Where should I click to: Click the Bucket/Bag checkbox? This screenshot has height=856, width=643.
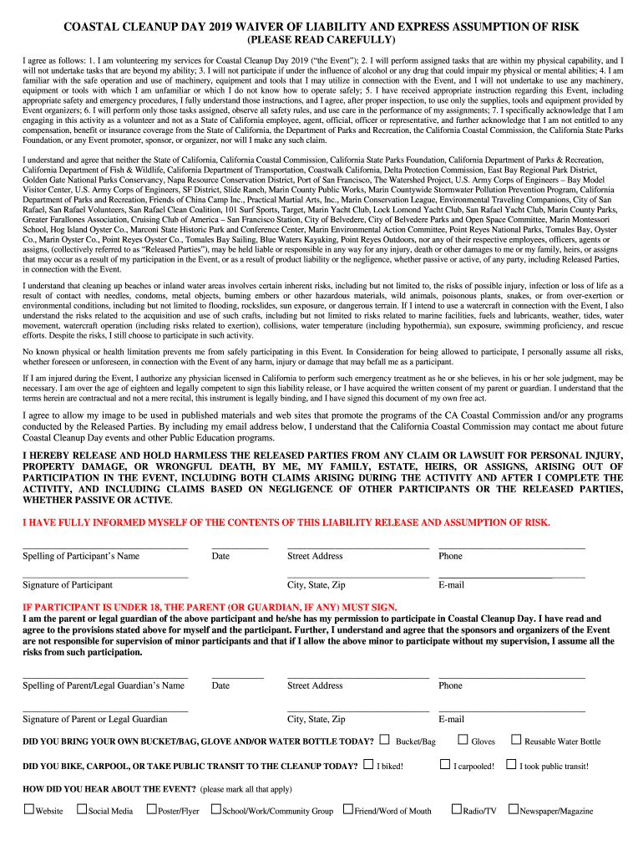pyautogui.click(x=384, y=739)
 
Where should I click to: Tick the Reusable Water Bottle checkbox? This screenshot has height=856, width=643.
pyautogui.click(x=516, y=739)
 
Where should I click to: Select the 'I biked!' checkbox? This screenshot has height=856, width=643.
pyautogui.click(x=368, y=764)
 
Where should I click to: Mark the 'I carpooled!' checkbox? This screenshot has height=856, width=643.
pyautogui.click(x=445, y=764)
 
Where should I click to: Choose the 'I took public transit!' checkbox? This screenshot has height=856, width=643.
pyautogui.click(x=511, y=764)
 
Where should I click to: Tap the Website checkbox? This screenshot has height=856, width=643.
pyautogui.click(x=28, y=808)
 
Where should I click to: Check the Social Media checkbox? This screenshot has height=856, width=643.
pyautogui.click(x=82, y=808)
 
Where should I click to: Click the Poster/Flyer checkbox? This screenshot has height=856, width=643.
pyautogui.click(x=151, y=808)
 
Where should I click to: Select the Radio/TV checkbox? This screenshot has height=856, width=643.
pyautogui.click(x=456, y=808)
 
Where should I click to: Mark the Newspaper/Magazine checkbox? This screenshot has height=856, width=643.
pyautogui.click(x=514, y=808)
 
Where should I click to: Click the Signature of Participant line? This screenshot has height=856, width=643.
pyautogui.click(x=105, y=576)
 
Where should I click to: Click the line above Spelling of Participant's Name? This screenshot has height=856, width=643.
pyautogui.click(x=105, y=547)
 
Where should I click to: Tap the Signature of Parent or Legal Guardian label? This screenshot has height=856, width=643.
pyautogui.click(x=94, y=719)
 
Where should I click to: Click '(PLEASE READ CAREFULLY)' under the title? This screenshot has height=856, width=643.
pyautogui.click(x=321, y=41)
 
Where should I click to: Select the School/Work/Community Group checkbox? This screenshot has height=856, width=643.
pyautogui.click(x=216, y=808)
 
